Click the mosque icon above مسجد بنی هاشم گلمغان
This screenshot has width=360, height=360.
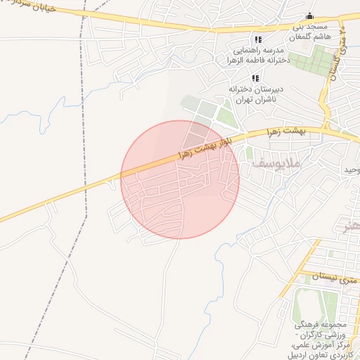coord(310,17)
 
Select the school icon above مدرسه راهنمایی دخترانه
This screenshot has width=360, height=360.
coord(258,39)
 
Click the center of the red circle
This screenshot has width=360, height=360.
coord(180,179)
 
